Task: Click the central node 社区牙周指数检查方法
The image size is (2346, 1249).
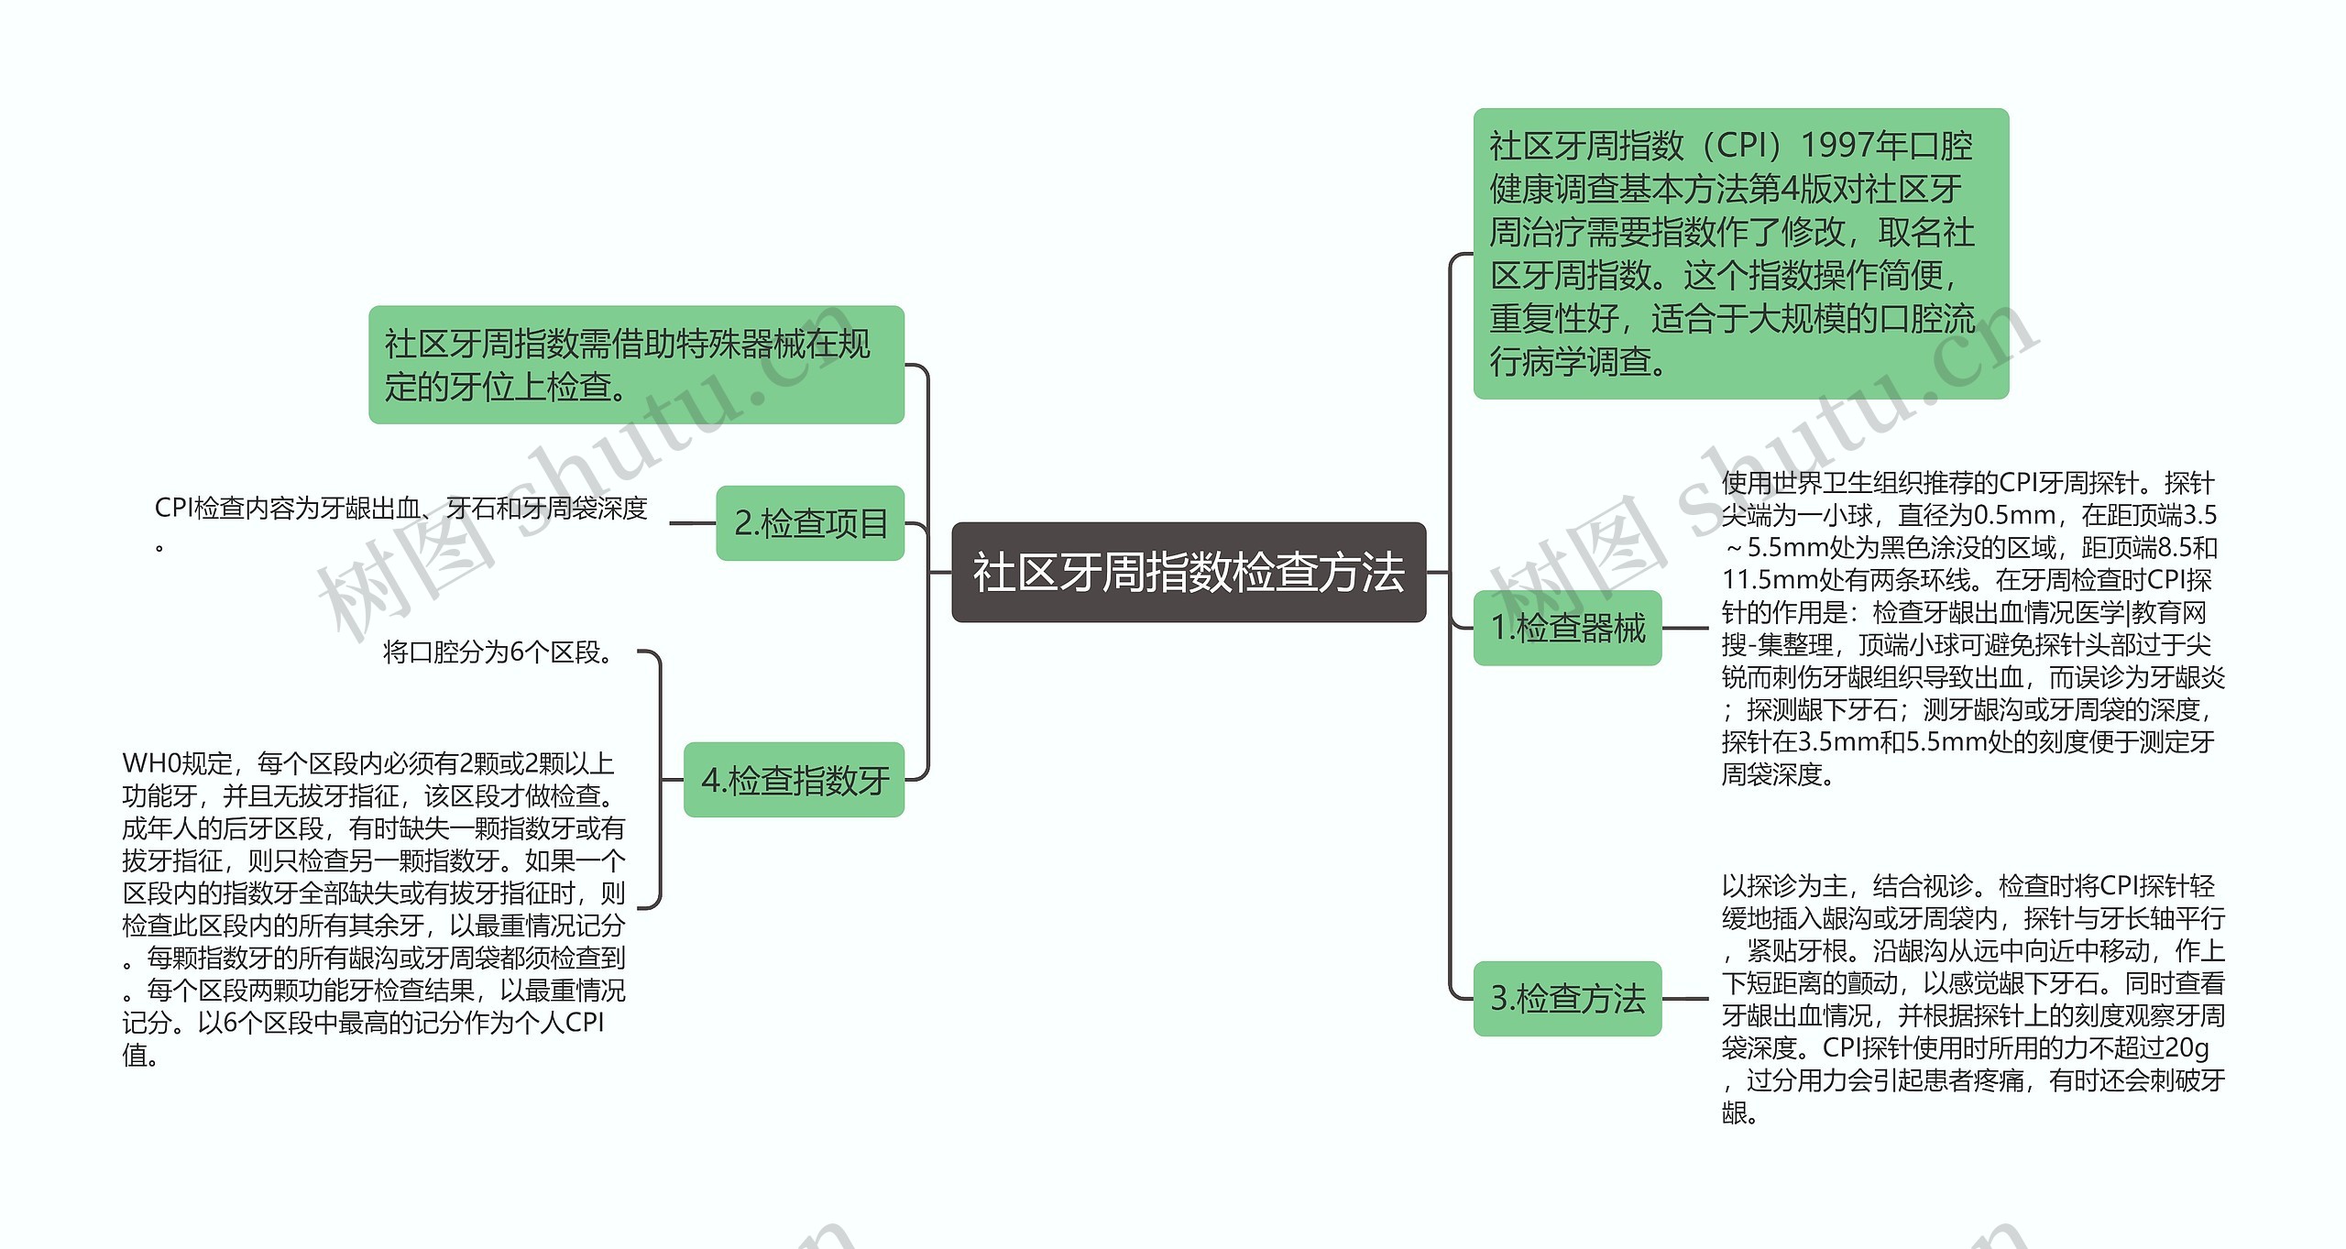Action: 1189,573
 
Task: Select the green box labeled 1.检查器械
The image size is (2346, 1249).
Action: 1567,629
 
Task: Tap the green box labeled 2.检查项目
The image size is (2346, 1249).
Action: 810,523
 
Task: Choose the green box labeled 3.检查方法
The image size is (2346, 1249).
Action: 1567,999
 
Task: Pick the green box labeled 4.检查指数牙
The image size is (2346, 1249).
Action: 794,780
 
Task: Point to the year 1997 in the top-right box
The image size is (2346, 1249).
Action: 1837,145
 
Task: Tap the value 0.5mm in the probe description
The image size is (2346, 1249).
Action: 2011,515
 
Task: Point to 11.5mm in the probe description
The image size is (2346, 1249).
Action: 1755,580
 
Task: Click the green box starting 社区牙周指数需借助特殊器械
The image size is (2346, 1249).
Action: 636,365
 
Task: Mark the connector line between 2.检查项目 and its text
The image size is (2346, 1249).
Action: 693,523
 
